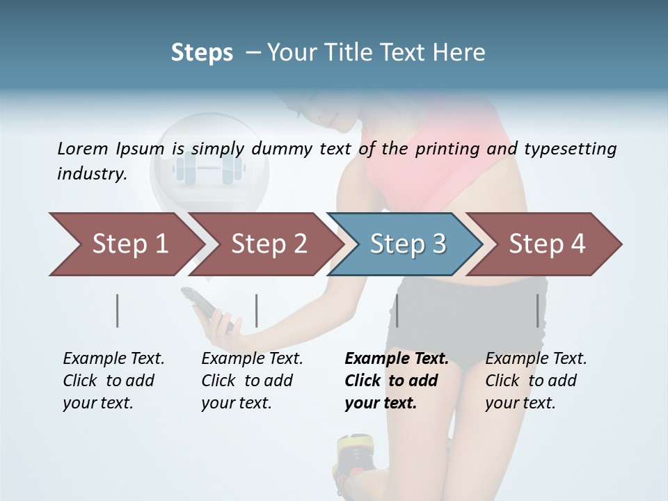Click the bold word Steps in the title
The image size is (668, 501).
(x=202, y=53)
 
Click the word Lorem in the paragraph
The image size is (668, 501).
(x=83, y=148)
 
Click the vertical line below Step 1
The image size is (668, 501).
(x=118, y=310)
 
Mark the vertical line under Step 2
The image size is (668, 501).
(x=257, y=310)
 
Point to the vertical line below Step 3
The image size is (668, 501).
(x=397, y=310)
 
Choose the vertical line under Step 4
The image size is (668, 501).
(x=538, y=310)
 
